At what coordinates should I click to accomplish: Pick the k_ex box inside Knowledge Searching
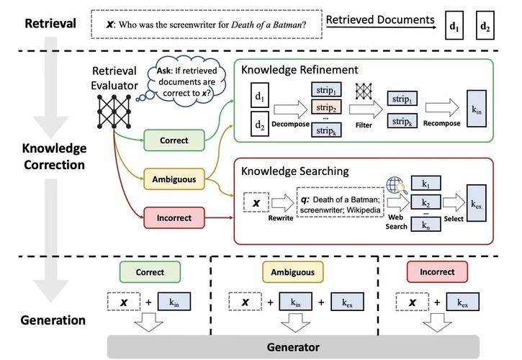tap(477, 204)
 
